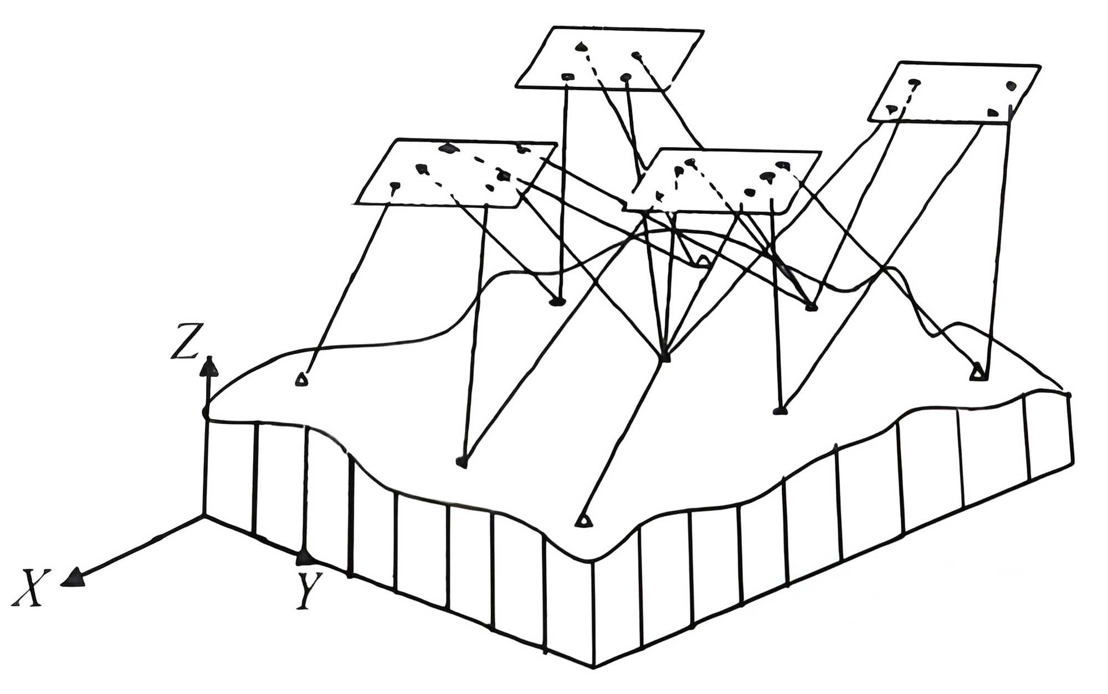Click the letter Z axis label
click(184, 341)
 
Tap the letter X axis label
click(30, 588)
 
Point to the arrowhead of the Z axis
click(209, 364)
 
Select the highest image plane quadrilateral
click(609, 58)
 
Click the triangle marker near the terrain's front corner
click(581, 521)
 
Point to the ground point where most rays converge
click(665, 357)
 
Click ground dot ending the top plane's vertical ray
click(557, 301)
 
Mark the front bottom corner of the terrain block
click(594, 665)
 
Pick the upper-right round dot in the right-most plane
click(1012, 85)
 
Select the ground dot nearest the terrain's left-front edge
click(461, 461)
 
